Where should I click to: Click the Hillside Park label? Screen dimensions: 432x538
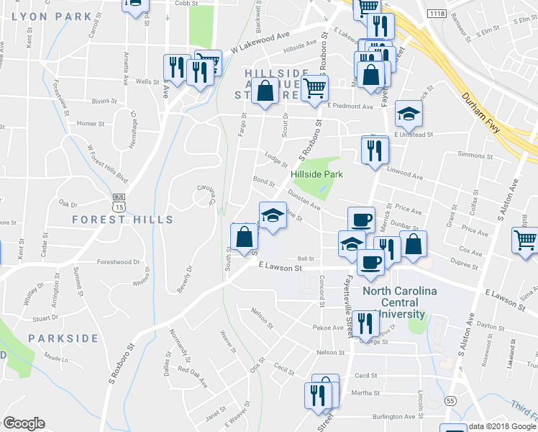coord(316,174)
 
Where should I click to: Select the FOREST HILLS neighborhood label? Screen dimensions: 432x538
coord(122,219)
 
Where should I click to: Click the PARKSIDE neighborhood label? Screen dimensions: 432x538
coord(63,338)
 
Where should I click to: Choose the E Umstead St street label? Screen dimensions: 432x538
coord(411,135)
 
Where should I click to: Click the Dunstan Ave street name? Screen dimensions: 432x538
coord(304,203)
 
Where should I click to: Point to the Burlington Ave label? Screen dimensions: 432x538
coord(394,417)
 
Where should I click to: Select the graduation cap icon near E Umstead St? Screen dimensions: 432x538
coord(409,114)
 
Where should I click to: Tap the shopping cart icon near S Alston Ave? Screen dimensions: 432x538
coord(525,240)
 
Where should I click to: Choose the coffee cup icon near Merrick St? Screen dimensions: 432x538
coord(361,219)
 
